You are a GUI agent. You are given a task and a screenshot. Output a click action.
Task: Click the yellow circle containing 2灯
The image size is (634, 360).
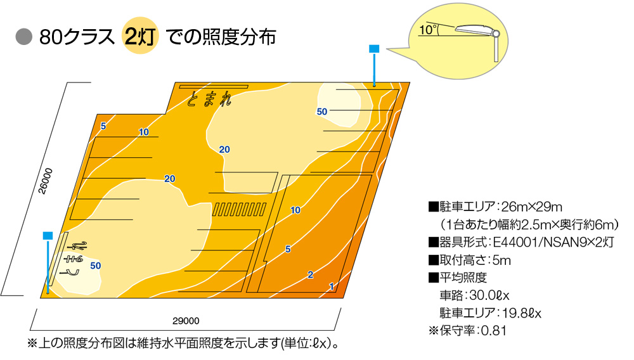[x=140, y=36]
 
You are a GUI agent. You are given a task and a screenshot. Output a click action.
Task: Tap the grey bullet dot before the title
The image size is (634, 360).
[x=24, y=37]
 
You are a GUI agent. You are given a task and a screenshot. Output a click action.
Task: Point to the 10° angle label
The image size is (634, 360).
[x=428, y=30]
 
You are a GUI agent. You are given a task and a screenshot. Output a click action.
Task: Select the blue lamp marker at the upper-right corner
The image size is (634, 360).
[x=374, y=49]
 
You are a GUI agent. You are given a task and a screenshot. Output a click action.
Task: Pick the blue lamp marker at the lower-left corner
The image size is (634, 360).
[x=48, y=236]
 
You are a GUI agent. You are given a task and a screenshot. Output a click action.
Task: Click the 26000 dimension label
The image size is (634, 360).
[x=46, y=181]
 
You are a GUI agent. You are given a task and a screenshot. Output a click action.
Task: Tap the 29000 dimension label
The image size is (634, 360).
[x=186, y=321]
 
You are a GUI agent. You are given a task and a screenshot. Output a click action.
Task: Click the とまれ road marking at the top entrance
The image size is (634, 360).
[x=209, y=99]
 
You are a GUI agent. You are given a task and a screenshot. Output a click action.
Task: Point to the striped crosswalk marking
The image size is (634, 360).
[x=239, y=209]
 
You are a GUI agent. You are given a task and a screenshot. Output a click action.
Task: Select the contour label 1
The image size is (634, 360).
[x=332, y=286]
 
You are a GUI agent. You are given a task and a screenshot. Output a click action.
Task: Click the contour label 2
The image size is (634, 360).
[x=310, y=274]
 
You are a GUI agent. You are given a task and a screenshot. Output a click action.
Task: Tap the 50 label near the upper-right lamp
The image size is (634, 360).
[x=322, y=112]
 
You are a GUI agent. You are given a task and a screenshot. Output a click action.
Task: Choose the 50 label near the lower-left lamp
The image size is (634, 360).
[x=96, y=266]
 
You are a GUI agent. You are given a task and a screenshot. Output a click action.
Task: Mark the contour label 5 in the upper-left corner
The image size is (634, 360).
[x=103, y=126]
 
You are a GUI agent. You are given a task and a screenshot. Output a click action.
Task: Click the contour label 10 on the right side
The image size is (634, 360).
[x=295, y=210]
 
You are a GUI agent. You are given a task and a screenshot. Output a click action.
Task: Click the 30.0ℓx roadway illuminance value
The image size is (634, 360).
[x=489, y=295]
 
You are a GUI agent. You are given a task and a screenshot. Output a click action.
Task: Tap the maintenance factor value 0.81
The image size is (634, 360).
[x=494, y=330]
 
